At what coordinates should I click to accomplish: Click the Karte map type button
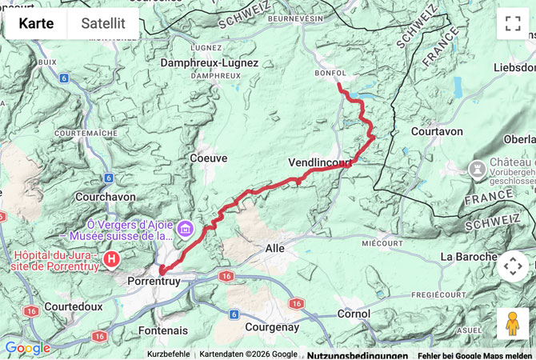[x=36, y=23]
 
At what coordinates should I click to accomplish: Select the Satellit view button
[x=103, y=23]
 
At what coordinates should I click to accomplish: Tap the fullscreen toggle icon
[x=513, y=23]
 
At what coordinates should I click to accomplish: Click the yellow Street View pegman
[x=513, y=323]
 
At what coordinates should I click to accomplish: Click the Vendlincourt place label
[x=320, y=163]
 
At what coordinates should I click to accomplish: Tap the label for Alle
[x=274, y=249]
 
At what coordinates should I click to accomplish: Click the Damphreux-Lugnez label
[x=210, y=62]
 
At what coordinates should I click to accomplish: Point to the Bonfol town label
[x=330, y=72]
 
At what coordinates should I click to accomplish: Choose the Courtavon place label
[x=437, y=131]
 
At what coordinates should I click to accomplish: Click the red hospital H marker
[x=112, y=259]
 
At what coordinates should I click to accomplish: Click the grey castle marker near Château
[x=477, y=169]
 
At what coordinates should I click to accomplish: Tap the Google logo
[x=27, y=348]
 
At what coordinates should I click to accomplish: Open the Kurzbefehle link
[x=169, y=354]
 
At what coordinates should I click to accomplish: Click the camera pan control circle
[x=513, y=266]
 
